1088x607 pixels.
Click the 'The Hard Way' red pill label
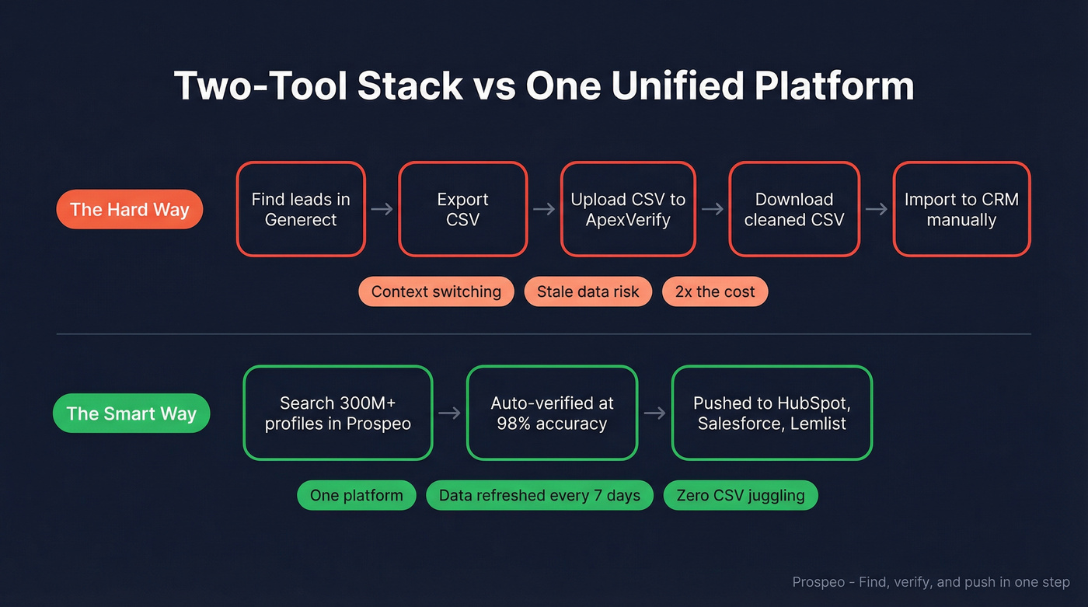coord(130,210)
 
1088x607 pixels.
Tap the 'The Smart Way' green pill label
coord(131,413)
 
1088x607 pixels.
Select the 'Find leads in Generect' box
coord(301,209)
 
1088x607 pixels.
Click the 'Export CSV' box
coord(462,209)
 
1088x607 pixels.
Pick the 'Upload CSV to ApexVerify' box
coord(628,209)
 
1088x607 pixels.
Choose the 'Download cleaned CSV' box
coord(793,209)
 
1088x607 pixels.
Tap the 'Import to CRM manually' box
coord(961,209)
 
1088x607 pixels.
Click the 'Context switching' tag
coord(436,291)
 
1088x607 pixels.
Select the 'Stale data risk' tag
coord(588,291)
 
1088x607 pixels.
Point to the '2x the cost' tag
coord(715,291)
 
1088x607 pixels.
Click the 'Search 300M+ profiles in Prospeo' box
coord(337,413)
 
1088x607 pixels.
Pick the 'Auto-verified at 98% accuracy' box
coord(552,413)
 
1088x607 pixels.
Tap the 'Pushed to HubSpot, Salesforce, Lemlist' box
coord(772,413)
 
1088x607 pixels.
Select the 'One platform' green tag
coord(357,495)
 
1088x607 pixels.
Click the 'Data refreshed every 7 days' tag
coord(539,495)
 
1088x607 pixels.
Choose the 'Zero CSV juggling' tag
coord(740,495)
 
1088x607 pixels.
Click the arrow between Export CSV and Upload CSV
coord(544,209)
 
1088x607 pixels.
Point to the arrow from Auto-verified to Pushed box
coord(654,413)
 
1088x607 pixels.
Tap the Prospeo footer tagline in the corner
coord(931,581)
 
